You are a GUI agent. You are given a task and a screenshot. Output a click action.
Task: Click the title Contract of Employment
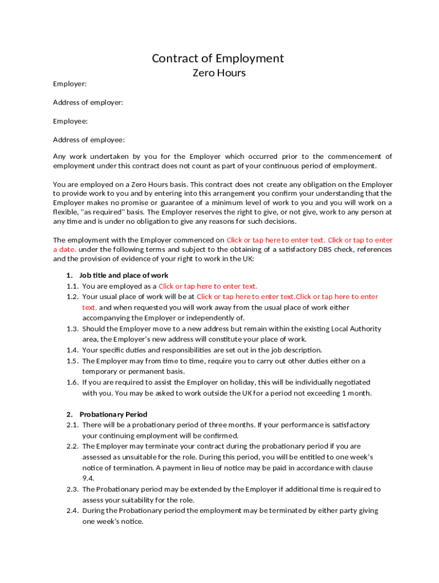[x=218, y=58]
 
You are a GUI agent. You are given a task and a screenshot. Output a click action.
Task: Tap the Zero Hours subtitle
[x=219, y=73]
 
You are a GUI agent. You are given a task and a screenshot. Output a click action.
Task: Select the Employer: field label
[x=70, y=84]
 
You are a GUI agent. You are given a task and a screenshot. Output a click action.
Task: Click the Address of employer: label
[x=88, y=102]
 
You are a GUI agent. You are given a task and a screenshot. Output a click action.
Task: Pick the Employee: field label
[x=70, y=121]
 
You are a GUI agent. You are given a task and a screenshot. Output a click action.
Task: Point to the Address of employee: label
[x=88, y=140]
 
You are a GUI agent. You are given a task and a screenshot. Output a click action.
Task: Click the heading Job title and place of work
[x=124, y=276]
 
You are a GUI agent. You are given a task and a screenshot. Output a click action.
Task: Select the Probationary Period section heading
[x=113, y=414]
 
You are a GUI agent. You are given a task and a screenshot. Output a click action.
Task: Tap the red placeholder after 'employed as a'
[x=208, y=286]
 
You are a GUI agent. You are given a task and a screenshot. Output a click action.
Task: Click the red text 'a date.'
[x=64, y=249]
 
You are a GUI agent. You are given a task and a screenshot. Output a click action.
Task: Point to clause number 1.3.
[x=72, y=329]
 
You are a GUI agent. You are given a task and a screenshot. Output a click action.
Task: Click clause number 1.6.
[x=72, y=383]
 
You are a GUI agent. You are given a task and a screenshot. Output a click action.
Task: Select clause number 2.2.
[x=72, y=446]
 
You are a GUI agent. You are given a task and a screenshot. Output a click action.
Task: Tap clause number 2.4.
[x=72, y=511]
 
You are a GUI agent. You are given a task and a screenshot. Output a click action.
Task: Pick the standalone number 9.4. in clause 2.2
[x=88, y=479]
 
